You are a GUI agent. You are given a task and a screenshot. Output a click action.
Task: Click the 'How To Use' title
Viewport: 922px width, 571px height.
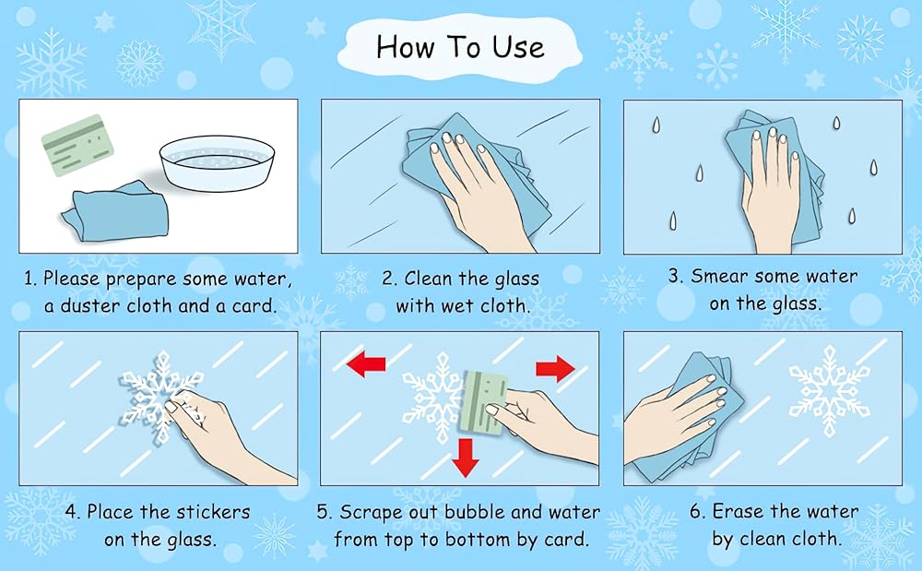pos(460,46)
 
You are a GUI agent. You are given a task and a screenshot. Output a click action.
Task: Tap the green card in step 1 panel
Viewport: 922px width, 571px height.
pos(77,145)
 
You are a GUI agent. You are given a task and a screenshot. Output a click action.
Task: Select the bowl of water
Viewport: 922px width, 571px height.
pos(217,163)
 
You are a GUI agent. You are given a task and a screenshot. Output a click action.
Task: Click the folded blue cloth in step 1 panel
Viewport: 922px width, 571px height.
pos(116,211)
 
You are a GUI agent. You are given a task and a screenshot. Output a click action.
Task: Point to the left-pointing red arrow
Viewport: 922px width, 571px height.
pos(366,363)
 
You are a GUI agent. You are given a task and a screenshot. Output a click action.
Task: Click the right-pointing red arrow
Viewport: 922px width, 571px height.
pos(555,369)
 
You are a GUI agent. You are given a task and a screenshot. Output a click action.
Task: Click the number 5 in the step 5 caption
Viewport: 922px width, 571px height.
pos(322,512)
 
